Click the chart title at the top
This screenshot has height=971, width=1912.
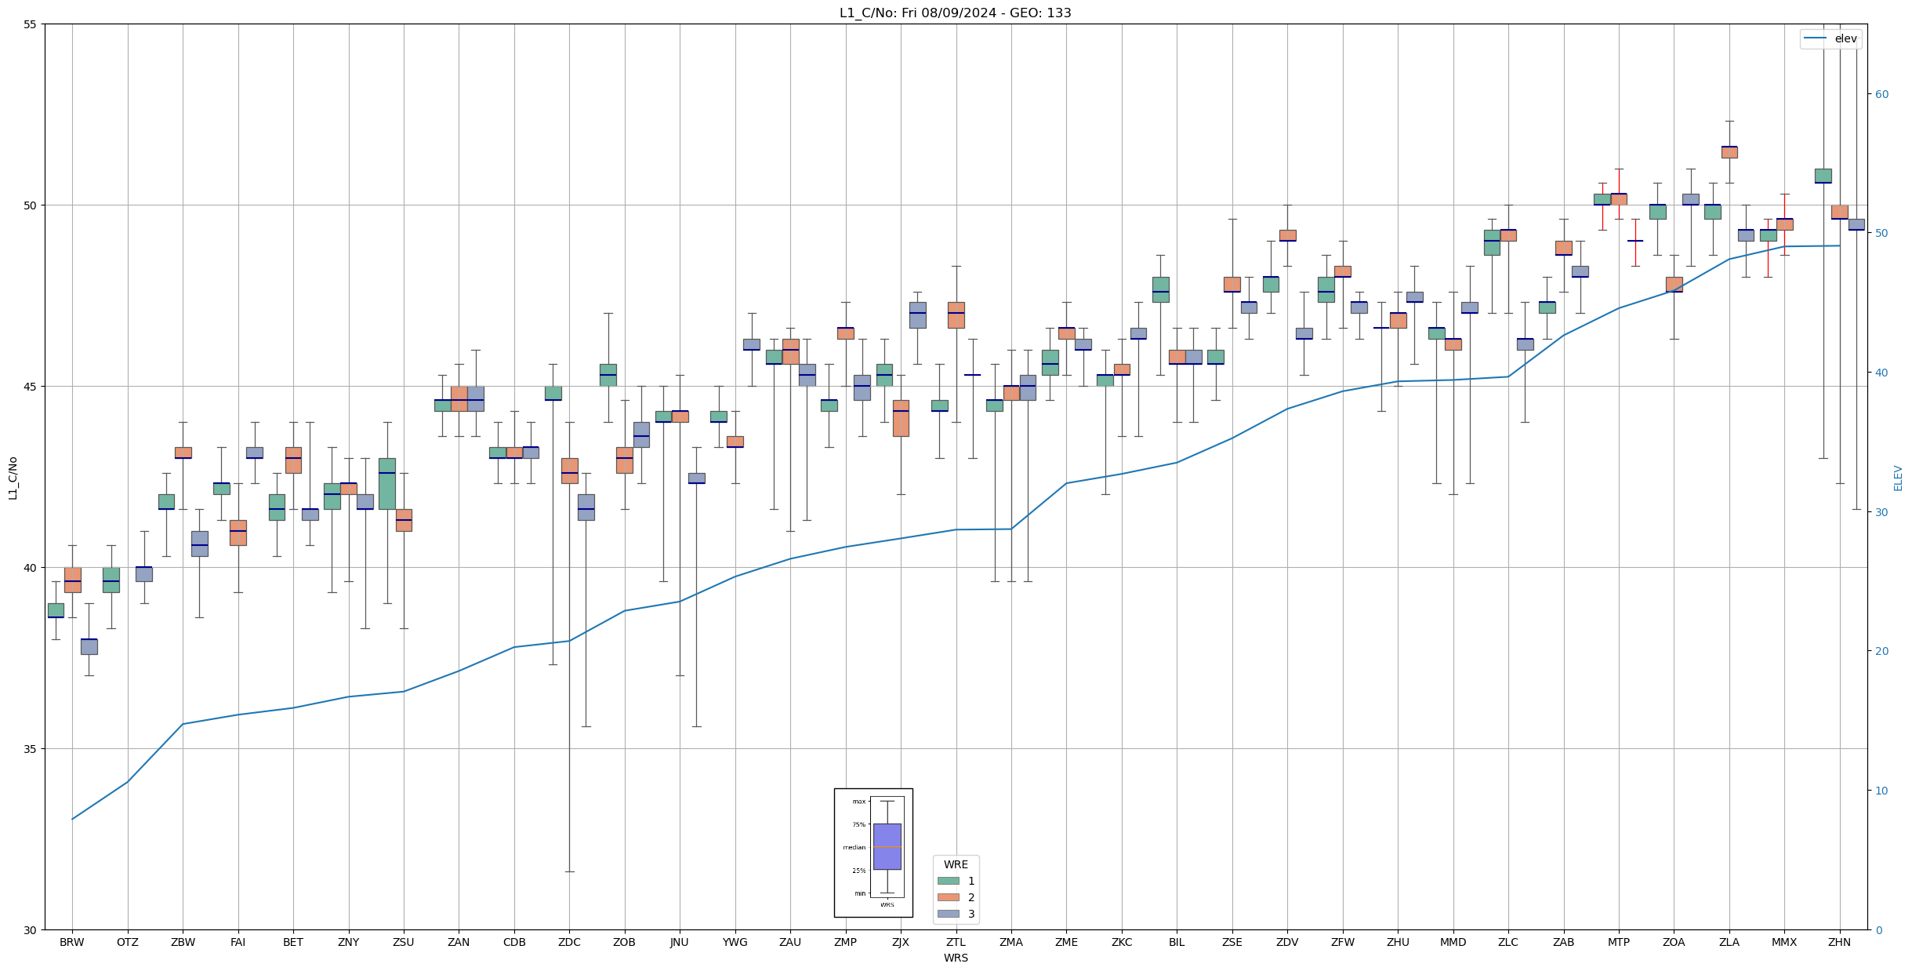point(955,13)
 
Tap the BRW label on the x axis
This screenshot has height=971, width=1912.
point(71,942)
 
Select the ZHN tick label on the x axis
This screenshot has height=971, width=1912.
point(1838,942)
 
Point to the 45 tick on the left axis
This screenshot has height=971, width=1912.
point(31,387)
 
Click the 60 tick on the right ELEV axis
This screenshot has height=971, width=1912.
point(1881,94)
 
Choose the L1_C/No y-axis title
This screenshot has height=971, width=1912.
point(13,478)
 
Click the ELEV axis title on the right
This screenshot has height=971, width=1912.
point(1898,478)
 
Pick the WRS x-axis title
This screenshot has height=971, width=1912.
point(955,958)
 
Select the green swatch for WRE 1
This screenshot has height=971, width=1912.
point(948,881)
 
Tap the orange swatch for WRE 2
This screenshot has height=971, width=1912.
point(948,897)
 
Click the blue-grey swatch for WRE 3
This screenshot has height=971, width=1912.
point(948,914)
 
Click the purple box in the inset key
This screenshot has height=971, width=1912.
point(887,846)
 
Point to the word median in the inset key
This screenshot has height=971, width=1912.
point(854,847)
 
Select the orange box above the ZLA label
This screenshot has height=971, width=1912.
point(1729,152)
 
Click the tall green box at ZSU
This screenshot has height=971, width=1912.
point(386,484)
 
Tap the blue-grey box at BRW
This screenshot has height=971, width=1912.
point(89,646)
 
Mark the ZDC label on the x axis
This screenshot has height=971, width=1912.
point(569,942)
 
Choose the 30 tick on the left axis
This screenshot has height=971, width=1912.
point(31,930)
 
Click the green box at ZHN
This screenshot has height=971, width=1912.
point(1823,176)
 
